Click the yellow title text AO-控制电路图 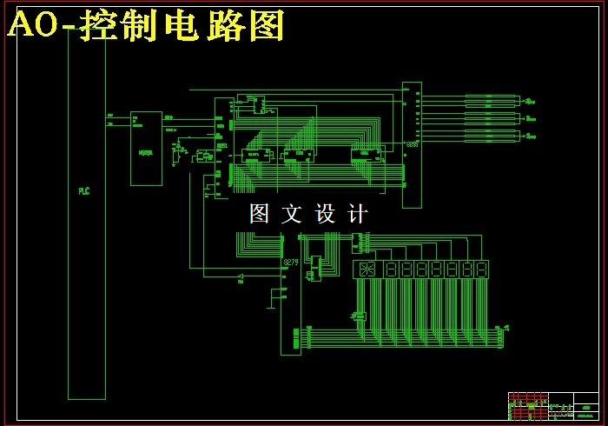tap(146, 27)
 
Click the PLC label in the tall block tap(84, 190)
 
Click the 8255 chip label tap(411, 144)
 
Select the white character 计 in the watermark tap(357, 214)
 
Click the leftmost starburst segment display tap(365, 270)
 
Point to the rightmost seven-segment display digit tap(480, 270)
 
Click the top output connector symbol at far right tap(531, 99)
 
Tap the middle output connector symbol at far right tap(531, 116)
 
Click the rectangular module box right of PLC tap(146, 148)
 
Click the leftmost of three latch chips tap(255, 156)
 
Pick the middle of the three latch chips tap(298, 156)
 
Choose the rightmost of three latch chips tap(366, 156)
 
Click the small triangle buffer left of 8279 tap(240, 276)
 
